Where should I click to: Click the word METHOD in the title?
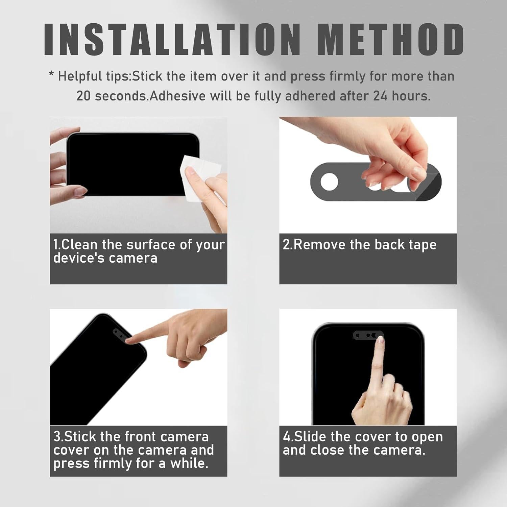(x=391, y=40)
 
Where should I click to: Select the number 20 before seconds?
(x=83, y=96)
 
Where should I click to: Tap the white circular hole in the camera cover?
(x=329, y=182)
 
